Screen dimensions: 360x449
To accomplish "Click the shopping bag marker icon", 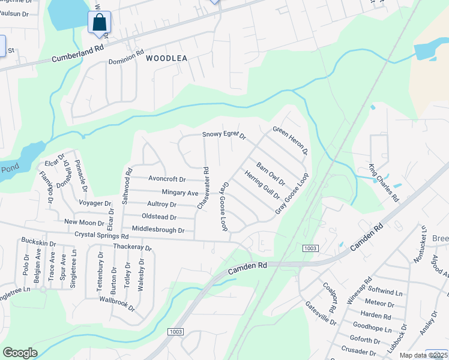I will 100,23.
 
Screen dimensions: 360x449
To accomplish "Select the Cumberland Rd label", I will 78,53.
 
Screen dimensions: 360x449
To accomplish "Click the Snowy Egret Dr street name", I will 224,135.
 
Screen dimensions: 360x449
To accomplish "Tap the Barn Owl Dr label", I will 270,173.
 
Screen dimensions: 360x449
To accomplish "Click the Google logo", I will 20,353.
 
